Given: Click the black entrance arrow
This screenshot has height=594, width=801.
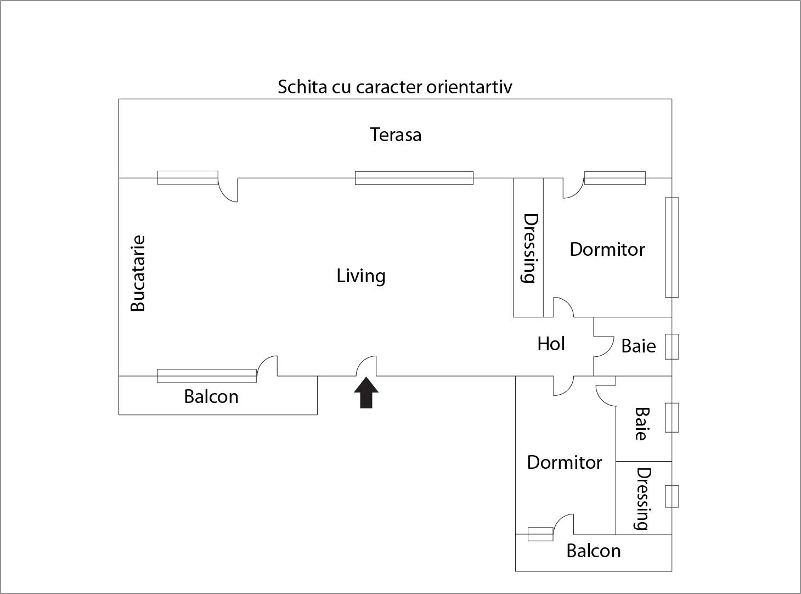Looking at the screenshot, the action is [366, 393].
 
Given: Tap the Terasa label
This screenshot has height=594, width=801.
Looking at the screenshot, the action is [396, 135].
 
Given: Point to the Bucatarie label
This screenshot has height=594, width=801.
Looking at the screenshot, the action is [138, 273].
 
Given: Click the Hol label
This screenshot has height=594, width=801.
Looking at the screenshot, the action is [551, 344].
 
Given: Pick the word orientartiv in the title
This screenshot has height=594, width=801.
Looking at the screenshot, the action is [469, 87].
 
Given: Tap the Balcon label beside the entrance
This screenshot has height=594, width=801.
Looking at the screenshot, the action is [211, 396].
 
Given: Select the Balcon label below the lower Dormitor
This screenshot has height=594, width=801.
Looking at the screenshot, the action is [594, 551].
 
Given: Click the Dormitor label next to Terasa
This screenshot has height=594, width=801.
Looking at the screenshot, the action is [607, 249].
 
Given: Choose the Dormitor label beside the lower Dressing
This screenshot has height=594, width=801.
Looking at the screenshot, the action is [565, 462].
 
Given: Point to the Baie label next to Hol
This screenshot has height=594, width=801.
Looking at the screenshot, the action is [639, 346].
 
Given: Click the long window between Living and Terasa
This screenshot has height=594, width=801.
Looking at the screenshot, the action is [414, 178].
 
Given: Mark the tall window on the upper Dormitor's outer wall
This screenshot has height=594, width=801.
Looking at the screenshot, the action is [672, 247].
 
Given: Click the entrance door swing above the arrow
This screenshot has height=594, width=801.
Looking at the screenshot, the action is [366, 366].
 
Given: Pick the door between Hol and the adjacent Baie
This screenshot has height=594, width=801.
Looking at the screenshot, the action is [604, 346].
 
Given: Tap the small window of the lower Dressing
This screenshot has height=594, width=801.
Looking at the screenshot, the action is [672, 496].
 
